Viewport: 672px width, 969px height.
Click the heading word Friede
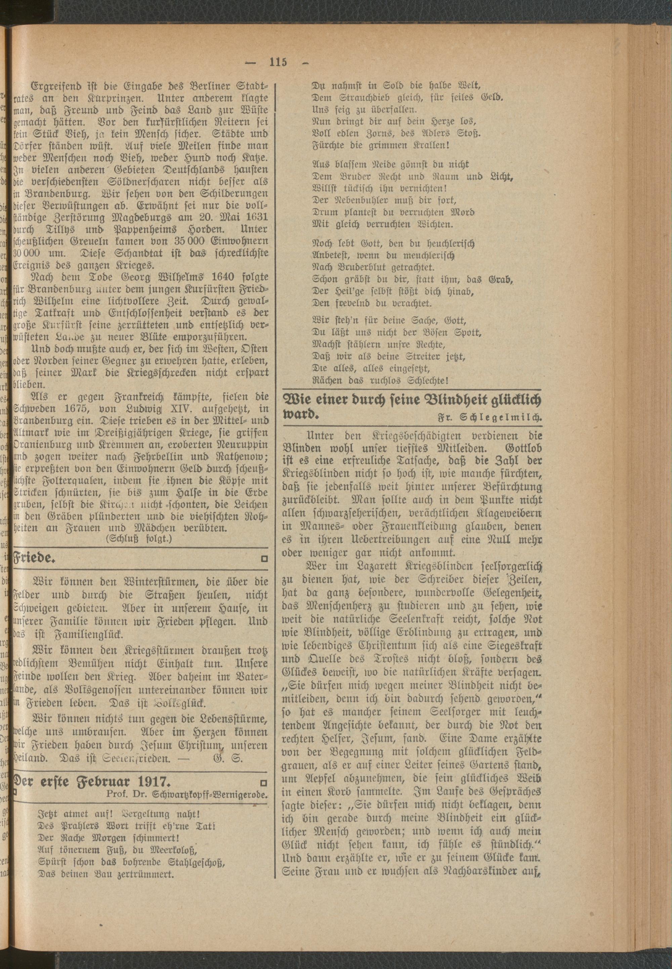pyautogui.click(x=35, y=559)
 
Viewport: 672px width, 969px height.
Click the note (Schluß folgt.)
pyautogui.click(x=139, y=538)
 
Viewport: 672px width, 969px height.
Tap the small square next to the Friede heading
pyautogui.click(x=264, y=559)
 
